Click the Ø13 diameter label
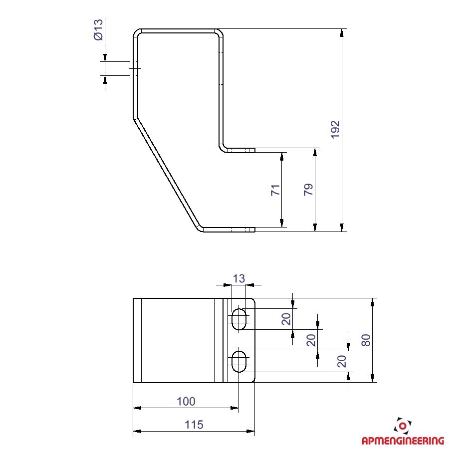(98, 29)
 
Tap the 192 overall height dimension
(336, 130)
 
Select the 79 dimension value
(308, 190)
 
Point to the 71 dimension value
(275, 190)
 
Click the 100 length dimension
(186, 402)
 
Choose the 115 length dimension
(194, 425)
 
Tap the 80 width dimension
(366, 340)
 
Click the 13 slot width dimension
(238, 279)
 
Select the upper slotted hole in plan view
(238, 319)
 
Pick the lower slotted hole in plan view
(238, 361)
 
